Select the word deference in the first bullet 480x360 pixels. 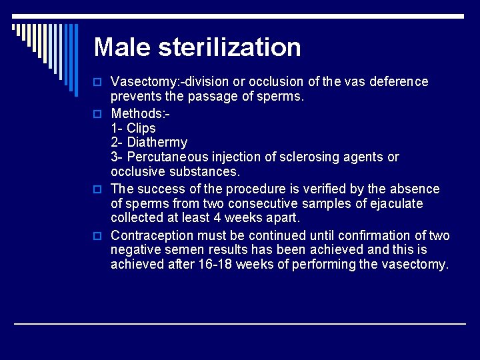(399, 82)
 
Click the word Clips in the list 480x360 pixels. (141, 128)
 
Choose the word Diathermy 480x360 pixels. (157, 143)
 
